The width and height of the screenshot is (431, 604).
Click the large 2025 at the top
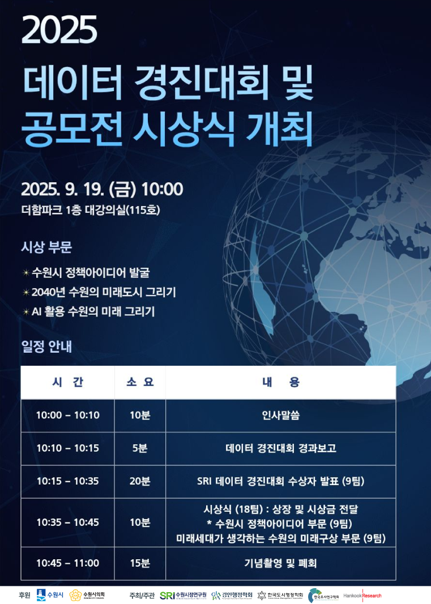click(59, 29)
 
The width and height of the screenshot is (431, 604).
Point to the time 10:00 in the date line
click(162, 189)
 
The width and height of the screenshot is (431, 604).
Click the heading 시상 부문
click(46, 247)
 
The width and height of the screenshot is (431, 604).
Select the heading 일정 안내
click(46, 346)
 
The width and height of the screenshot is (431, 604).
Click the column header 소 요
click(140, 382)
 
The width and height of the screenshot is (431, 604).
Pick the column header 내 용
click(281, 382)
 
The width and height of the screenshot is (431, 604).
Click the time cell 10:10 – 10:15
click(67, 448)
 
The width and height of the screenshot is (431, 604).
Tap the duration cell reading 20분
click(140, 481)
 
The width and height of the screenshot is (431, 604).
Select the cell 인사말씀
click(281, 415)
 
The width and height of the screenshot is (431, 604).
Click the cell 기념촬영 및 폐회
click(281, 563)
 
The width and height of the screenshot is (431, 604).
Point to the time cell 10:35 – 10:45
click(67, 522)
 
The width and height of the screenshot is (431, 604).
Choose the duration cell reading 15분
click(140, 563)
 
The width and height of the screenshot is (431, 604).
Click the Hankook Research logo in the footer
click(362, 596)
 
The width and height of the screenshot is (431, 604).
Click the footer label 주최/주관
click(142, 596)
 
